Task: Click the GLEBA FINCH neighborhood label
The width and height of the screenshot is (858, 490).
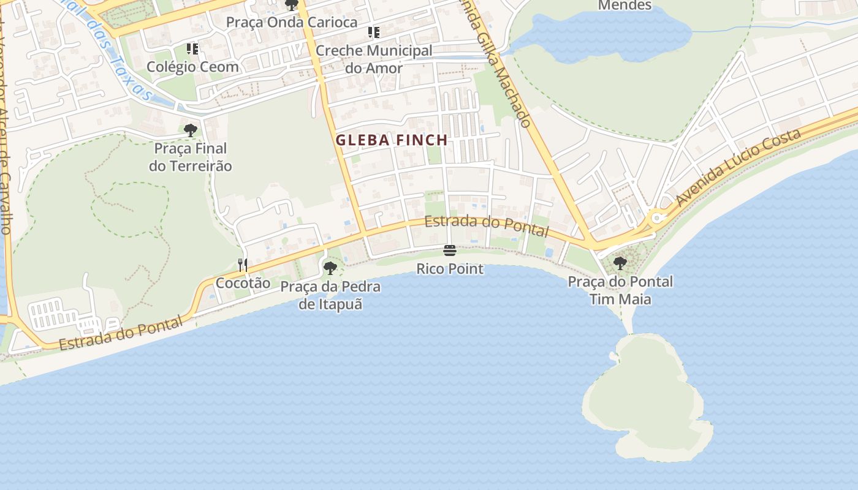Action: click(x=391, y=140)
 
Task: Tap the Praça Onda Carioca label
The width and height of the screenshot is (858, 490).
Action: click(x=292, y=22)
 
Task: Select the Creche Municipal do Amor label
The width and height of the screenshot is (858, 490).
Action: click(x=374, y=59)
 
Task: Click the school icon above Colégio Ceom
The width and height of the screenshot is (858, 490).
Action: click(x=192, y=48)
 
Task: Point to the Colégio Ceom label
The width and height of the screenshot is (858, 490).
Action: click(x=192, y=67)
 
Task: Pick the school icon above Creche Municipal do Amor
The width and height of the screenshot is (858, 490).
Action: click(x=373, y=32)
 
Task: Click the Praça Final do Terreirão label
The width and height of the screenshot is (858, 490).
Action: click(x=191, y=157)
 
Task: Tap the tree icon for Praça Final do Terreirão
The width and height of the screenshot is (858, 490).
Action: click(x=191, y=130)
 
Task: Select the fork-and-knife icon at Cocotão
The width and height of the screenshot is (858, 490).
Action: click(x=243, y=265)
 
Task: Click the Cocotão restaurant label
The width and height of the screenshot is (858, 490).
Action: click(x=243, y=283)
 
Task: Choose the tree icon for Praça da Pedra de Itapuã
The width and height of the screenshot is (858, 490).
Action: click(x=330, y=268)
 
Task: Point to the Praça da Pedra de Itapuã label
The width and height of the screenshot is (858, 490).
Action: click(x=330, y=295)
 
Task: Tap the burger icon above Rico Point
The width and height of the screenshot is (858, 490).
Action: click(x=450, y=251)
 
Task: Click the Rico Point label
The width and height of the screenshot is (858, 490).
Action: click(x=450, y=269)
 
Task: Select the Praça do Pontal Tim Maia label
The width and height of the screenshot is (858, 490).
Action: click(x=620, y=290)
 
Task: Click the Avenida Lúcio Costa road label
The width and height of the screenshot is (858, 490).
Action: click(x=738, y=167)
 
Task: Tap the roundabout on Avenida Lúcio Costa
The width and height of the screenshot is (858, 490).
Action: click(x=657, y=217)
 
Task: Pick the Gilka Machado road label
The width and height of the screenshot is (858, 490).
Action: click(x=499, y=67)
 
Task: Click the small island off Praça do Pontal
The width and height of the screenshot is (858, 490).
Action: click(x=643, y=398)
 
